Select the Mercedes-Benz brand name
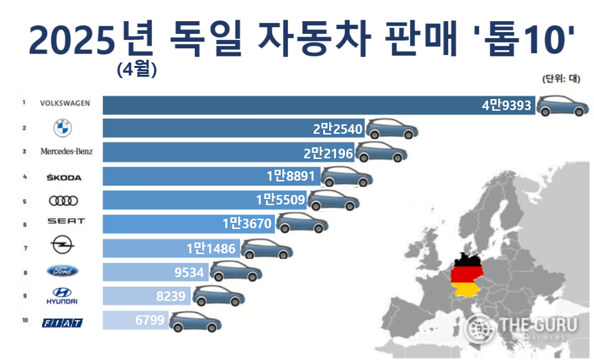66,151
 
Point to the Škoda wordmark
64,177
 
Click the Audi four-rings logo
64,200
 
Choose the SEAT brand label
66,221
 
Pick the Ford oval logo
63,271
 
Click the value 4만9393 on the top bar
506,105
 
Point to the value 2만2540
337,129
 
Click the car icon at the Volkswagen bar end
563,106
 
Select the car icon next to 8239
219,296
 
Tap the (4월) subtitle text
136,69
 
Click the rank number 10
24,319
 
